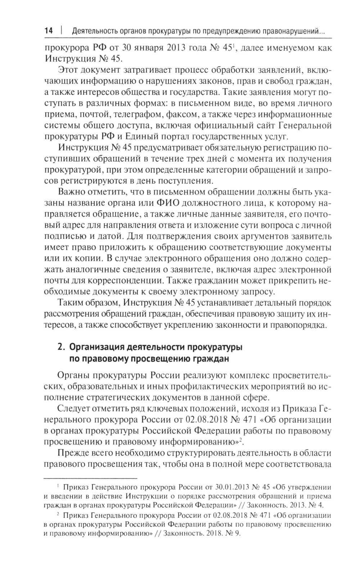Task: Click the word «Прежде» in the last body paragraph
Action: point(73,452)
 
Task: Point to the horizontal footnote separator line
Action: point(90,478)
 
